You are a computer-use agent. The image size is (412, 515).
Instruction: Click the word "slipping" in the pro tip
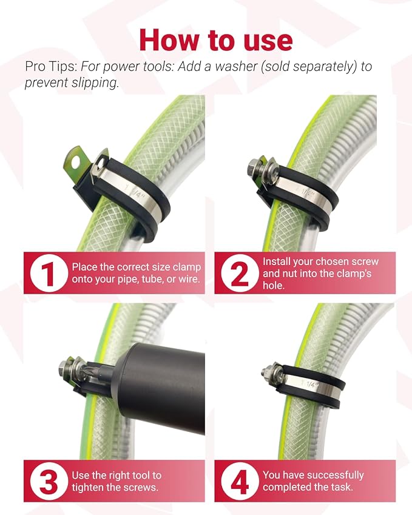[95, 82]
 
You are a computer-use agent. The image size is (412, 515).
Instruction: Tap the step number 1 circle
[48, 273]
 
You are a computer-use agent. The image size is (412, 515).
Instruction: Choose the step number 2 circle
[239, 273]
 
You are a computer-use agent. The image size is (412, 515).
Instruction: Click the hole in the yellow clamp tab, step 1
[76, 162]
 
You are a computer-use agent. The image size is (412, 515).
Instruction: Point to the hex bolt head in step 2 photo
[254, 165]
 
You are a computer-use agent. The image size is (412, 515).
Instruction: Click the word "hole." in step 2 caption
[274, 286]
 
